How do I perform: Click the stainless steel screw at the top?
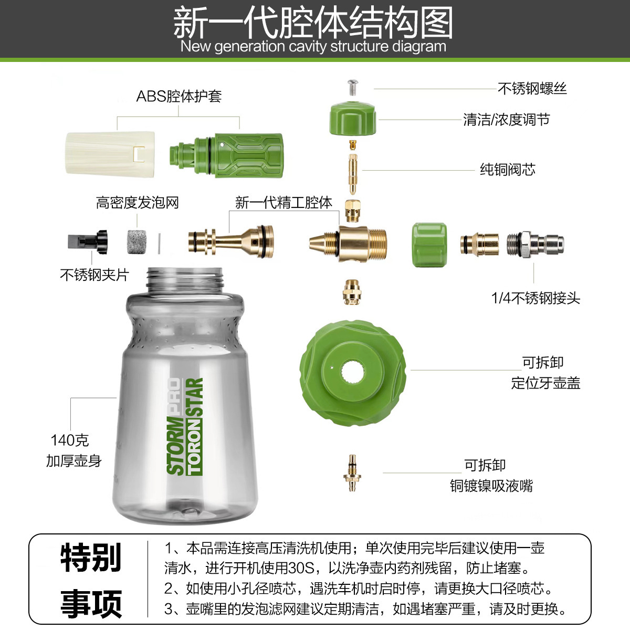click(x=353, y=86)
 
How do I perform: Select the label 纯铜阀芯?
click(x=507, y=170)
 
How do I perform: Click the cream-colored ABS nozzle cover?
click(x=110, y=153)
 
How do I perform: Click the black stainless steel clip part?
click(x=88, y=241)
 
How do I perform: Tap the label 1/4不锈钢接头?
click(x=535, y=298)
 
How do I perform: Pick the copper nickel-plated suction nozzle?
click(x=352, y=473)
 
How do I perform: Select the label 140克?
click(x=69, y=440)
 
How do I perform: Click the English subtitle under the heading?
click(x=313, y=46)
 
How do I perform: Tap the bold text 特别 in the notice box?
click(x=91, y=557)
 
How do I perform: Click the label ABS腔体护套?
click(x=179, y=96)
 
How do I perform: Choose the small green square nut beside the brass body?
click(x=429, y=245)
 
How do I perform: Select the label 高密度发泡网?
click(x=137, y=203)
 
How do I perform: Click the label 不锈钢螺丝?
click(x=532, y=88)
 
